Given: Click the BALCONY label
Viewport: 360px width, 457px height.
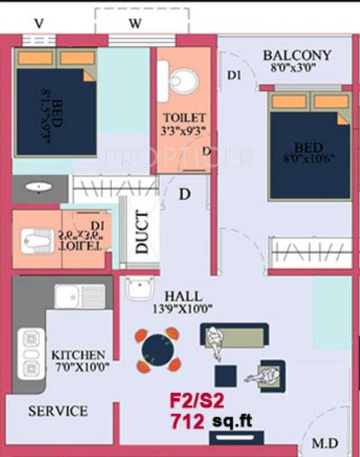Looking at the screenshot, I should coord(297,55).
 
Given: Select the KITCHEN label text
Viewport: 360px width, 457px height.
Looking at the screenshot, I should coord(78,354).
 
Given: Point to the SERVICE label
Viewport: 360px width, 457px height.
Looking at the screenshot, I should coord(58,411).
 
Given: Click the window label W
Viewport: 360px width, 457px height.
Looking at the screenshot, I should coord(136,24).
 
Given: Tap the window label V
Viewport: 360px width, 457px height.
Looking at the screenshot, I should coord(39,24).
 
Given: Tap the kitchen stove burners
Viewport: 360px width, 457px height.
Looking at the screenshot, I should coord(31,353).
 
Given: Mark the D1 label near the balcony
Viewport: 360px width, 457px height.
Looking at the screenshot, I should coord(233,76).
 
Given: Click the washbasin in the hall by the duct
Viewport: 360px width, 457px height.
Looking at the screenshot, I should coord(140,287).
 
